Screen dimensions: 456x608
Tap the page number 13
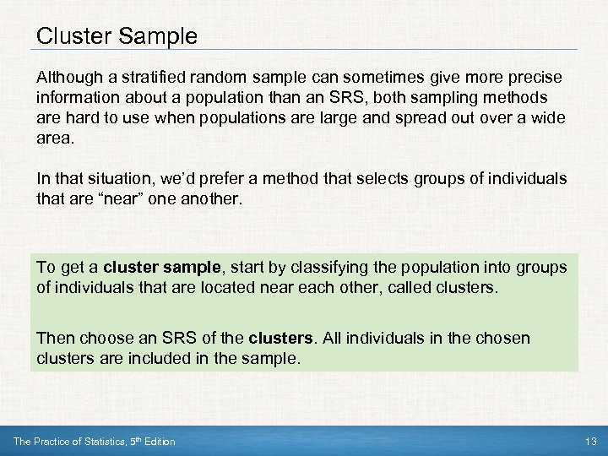(x=590, y=442)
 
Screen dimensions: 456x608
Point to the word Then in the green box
(x=56, y=338)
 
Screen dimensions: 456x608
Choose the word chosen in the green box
(x=502, y=338)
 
